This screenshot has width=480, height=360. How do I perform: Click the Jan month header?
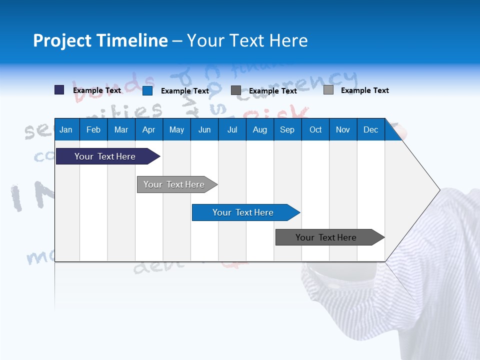(x=66, y=129)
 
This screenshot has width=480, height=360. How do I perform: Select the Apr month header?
(x=148, y=129)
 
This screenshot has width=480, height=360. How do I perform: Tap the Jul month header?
(x=232, y=129)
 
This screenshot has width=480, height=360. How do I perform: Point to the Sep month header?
(x=287, y=129)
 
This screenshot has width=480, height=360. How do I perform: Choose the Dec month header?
(x=370, y=129)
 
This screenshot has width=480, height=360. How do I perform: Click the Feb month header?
(x=93, y=129)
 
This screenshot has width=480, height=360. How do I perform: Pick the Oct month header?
(x=315, y=129)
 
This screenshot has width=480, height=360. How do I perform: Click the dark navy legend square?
(x=59, y=90)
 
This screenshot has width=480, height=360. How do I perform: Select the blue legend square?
(x=147, y=90)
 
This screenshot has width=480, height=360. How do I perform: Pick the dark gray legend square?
(x=236, y=90)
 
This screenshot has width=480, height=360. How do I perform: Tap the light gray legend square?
(x=328, y=90)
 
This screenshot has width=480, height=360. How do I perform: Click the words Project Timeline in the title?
(x=100, y=40)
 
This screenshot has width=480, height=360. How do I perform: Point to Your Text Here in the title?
(x=247, y=40)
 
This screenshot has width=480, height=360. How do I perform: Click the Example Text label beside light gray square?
(x=364, y=90)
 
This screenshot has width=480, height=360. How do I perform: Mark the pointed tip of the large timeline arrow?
(x=439, y=190)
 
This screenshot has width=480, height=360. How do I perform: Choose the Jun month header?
(x=204, y=129)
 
